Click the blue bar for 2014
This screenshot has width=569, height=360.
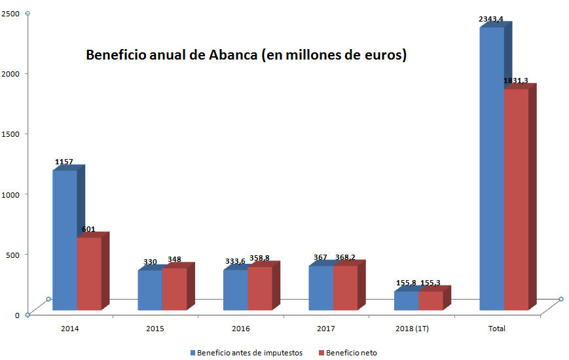[x=65, y=240]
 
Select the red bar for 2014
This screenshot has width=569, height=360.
[x=89, y=273]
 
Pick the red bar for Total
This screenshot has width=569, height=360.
[x=516, y=199]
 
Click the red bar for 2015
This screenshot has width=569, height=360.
[x=174, y=289]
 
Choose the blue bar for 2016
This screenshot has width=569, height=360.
[x=235, y=289]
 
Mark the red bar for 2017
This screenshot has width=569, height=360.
[x=345, y=287]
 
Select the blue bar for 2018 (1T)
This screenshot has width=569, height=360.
[x=406, y=300]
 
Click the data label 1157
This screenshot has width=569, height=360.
[x=64, y=162]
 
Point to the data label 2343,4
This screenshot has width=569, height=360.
[x=491, y=19]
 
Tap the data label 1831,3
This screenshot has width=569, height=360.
[x=516, y=81]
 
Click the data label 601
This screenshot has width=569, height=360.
[x=88, y=229]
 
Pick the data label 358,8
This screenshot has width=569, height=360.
[x=259, y=259]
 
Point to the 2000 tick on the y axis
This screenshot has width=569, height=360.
[x=10, y=73]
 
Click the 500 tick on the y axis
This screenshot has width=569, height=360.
[x=12, y=254]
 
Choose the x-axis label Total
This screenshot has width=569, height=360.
[x=497, y=328]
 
